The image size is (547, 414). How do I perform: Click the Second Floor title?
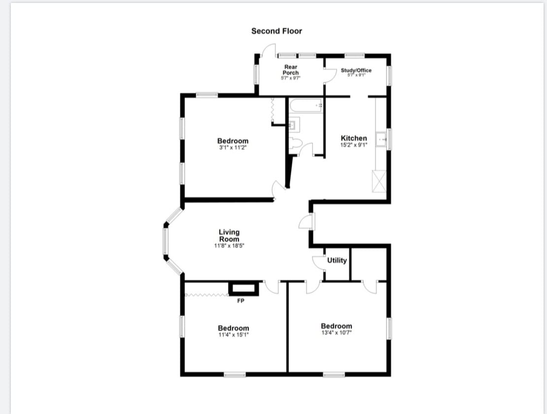click(276, 31)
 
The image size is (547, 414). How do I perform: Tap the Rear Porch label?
click(291, 70)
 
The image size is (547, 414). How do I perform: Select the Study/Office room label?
click(356, 70)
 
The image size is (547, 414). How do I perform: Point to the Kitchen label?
click(354, 138)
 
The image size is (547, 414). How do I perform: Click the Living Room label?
click(229, 235)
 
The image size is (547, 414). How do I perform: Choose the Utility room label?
click(337, 260)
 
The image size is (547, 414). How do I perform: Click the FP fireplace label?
click(241, 301)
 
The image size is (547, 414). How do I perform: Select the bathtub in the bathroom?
click(306, 105)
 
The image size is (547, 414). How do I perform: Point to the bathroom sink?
click(294, 125)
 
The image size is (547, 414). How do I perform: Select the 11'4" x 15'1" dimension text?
click(234, 335)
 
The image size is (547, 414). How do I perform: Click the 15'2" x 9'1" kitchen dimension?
click(354, 145)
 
